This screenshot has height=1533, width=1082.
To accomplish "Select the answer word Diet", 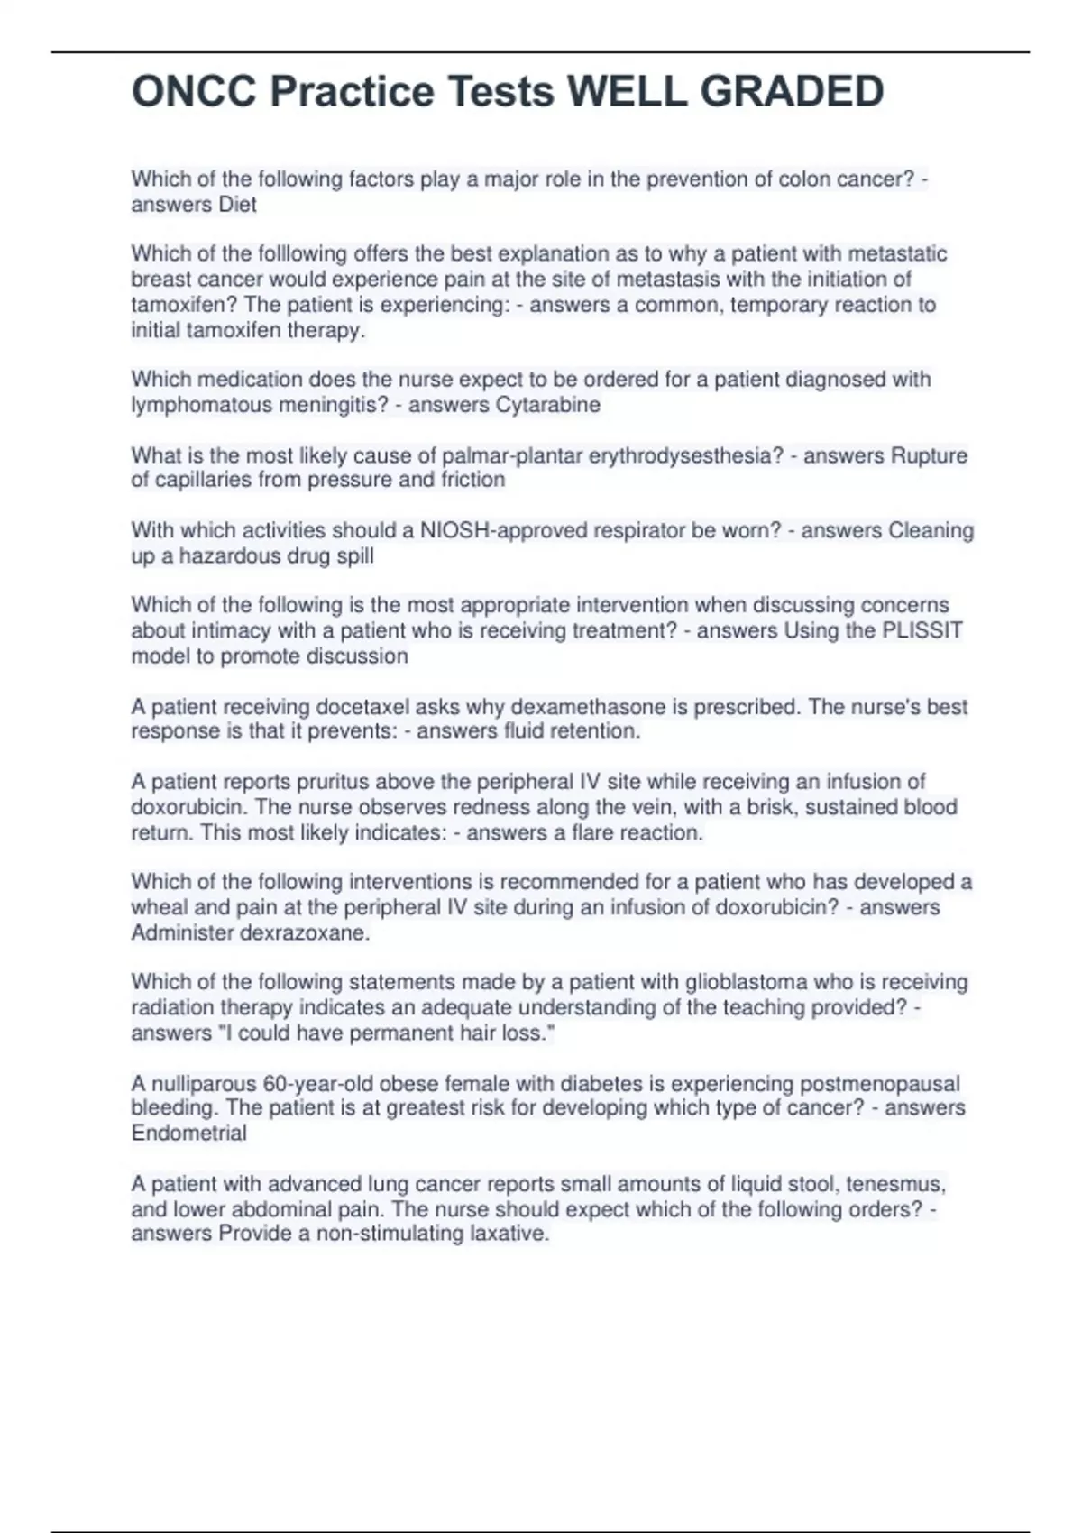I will (238, 205).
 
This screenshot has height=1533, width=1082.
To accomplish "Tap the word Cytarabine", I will (548, 405).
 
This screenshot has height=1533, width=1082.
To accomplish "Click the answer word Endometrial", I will (188, 1134).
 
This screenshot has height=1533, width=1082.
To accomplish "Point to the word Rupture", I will (929, 455).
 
